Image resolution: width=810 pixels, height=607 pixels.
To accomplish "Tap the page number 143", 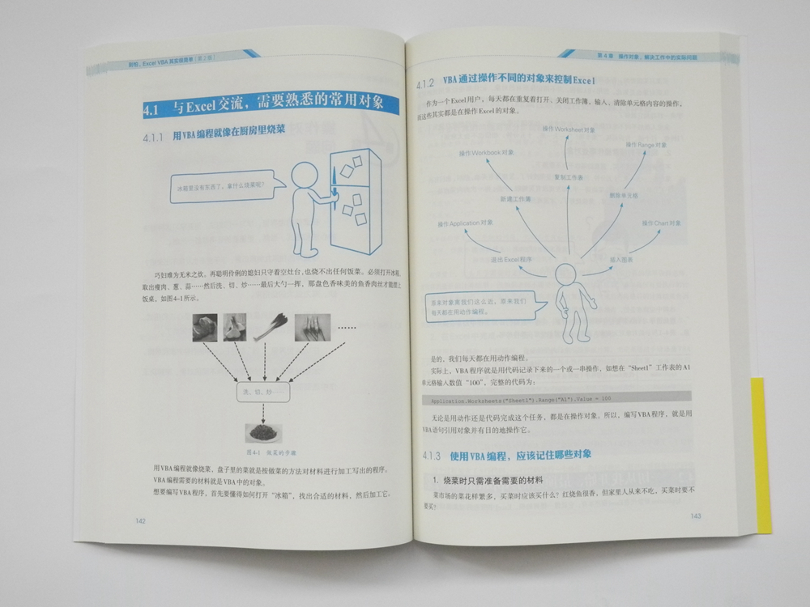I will (x=695, y=516).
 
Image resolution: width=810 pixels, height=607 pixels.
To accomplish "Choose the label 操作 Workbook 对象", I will (x=486, y=153).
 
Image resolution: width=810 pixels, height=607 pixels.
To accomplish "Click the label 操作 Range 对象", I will (x=646, y=145).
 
